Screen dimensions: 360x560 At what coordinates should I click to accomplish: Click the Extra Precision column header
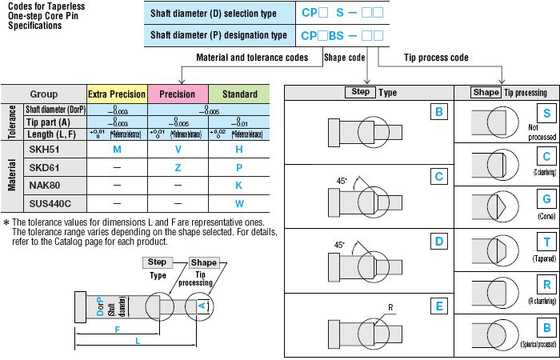click(x=117, y=94)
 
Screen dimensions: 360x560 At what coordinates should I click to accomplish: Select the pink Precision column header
click(x=178, y=94)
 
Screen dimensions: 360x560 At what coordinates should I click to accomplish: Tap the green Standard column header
click(x=238, y=94)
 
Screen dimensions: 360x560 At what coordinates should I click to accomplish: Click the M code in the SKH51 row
click(x=117, y=150)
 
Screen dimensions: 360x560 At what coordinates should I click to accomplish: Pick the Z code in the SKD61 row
click(x=178, y=167)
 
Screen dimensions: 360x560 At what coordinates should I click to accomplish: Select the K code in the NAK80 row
click(x=238, y=185)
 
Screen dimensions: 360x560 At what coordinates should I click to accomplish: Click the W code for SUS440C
click(x=238, y=203)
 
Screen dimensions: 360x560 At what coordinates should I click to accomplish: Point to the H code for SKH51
click(x=238, y=150)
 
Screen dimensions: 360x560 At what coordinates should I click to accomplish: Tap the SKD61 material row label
click(x=45, y=167)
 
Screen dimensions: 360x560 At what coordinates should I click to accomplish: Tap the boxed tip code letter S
click(x=546, y=114)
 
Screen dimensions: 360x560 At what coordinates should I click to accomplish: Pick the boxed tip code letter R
click(x=546, y=285)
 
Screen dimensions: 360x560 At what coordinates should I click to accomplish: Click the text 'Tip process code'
click(x=436, y=58)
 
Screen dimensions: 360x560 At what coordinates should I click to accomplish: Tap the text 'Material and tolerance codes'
click(x=252, y=58)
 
